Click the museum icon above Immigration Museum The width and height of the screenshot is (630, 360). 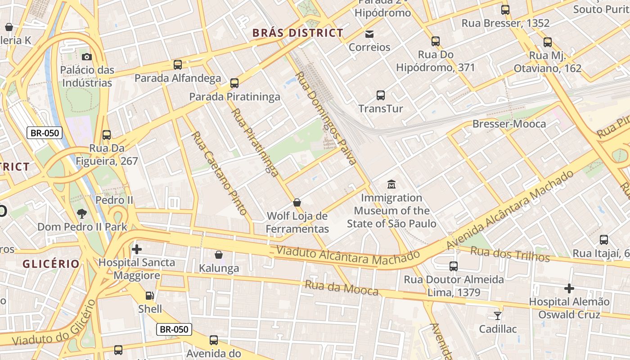point(391,184)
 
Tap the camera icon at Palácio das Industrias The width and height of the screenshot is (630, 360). point(87,57)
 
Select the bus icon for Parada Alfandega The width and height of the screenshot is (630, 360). point(178,65)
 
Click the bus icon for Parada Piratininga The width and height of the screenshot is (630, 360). point(234,83)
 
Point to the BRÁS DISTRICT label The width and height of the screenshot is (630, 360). point(298,33)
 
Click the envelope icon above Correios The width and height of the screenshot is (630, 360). point(369,34)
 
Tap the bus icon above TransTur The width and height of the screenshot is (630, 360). point(381,95)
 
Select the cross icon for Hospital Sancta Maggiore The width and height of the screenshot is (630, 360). point(137,249)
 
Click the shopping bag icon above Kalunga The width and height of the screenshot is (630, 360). point(219,255)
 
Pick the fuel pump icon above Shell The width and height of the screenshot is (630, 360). point(149,296)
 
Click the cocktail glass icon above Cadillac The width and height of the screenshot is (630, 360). point(498,315)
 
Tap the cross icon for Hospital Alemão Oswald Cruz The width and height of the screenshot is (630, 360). point(569,288)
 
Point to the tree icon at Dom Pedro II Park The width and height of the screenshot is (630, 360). point(82,214)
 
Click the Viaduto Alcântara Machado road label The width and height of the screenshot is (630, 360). point(348,255)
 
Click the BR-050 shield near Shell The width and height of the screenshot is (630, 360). point(174,329)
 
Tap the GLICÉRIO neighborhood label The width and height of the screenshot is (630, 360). point(51,264)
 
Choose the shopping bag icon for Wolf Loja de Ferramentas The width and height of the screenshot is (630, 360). point(297,202)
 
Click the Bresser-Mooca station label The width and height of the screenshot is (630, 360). point(509,124)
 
